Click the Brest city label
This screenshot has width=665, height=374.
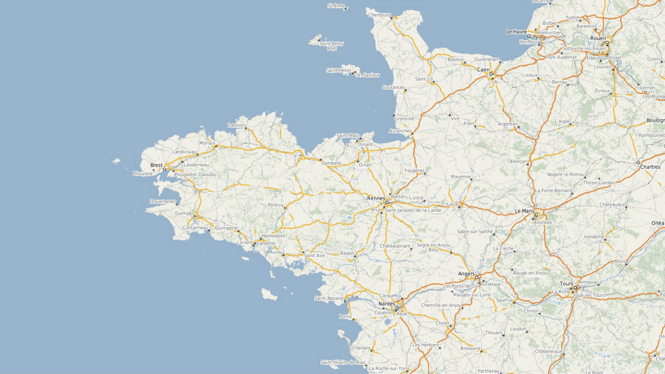[x=156, y=165]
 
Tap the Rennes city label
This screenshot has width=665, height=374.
[x=376, y=198]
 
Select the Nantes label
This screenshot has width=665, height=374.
[x=387, y=304]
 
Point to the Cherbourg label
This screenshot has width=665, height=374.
[x=379, y=15]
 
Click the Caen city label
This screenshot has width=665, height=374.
[x=483, y=70]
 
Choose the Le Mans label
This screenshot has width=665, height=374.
[x=524, y=211]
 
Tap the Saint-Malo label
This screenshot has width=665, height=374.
[x=348, y=135]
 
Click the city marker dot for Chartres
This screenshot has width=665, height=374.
[x=638, y=162]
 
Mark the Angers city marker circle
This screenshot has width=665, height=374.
[x=477, y=278]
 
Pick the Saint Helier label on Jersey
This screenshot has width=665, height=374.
[x=339, y=70]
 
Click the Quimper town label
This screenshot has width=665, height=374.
[x=184, y=213]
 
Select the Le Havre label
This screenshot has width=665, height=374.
[x=516, y=32]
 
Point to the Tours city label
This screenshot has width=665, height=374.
[x=567, y=284]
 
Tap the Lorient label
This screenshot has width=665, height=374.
[x=245, y=242]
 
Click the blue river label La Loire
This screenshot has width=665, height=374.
[x=611, y=278]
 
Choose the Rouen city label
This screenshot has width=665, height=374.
[x=598, y=38]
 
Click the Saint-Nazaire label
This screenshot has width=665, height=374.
[x=329, y=298]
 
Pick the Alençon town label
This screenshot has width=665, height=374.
[x=518, y=161]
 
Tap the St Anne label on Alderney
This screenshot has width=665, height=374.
[x=336, y=6]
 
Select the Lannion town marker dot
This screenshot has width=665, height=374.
[x=246, y=128]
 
